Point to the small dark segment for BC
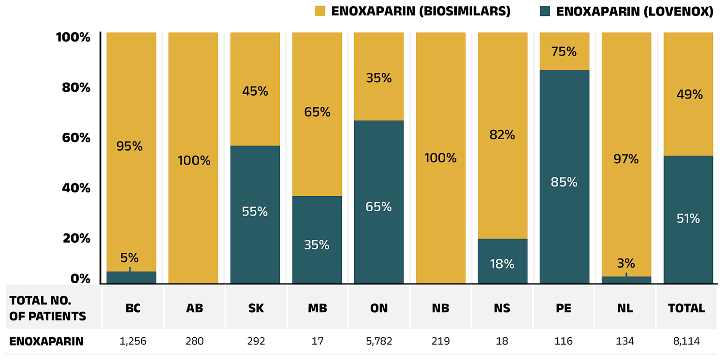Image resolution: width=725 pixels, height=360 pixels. (x=131, y=278)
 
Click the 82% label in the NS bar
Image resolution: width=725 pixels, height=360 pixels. (x=502, y=135)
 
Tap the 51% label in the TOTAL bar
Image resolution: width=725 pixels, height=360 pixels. (x=688, y=219)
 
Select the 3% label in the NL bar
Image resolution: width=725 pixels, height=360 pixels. (x=626, y=263)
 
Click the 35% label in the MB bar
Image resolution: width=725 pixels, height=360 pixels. (x=317, y=245)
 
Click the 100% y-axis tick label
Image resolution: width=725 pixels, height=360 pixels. (x=72, y=37)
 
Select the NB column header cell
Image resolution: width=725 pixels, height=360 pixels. (x=441, y=308)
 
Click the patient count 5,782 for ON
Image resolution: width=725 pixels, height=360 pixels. (x=379, y=342)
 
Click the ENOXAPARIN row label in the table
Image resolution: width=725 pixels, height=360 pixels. (x=46, y=342)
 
